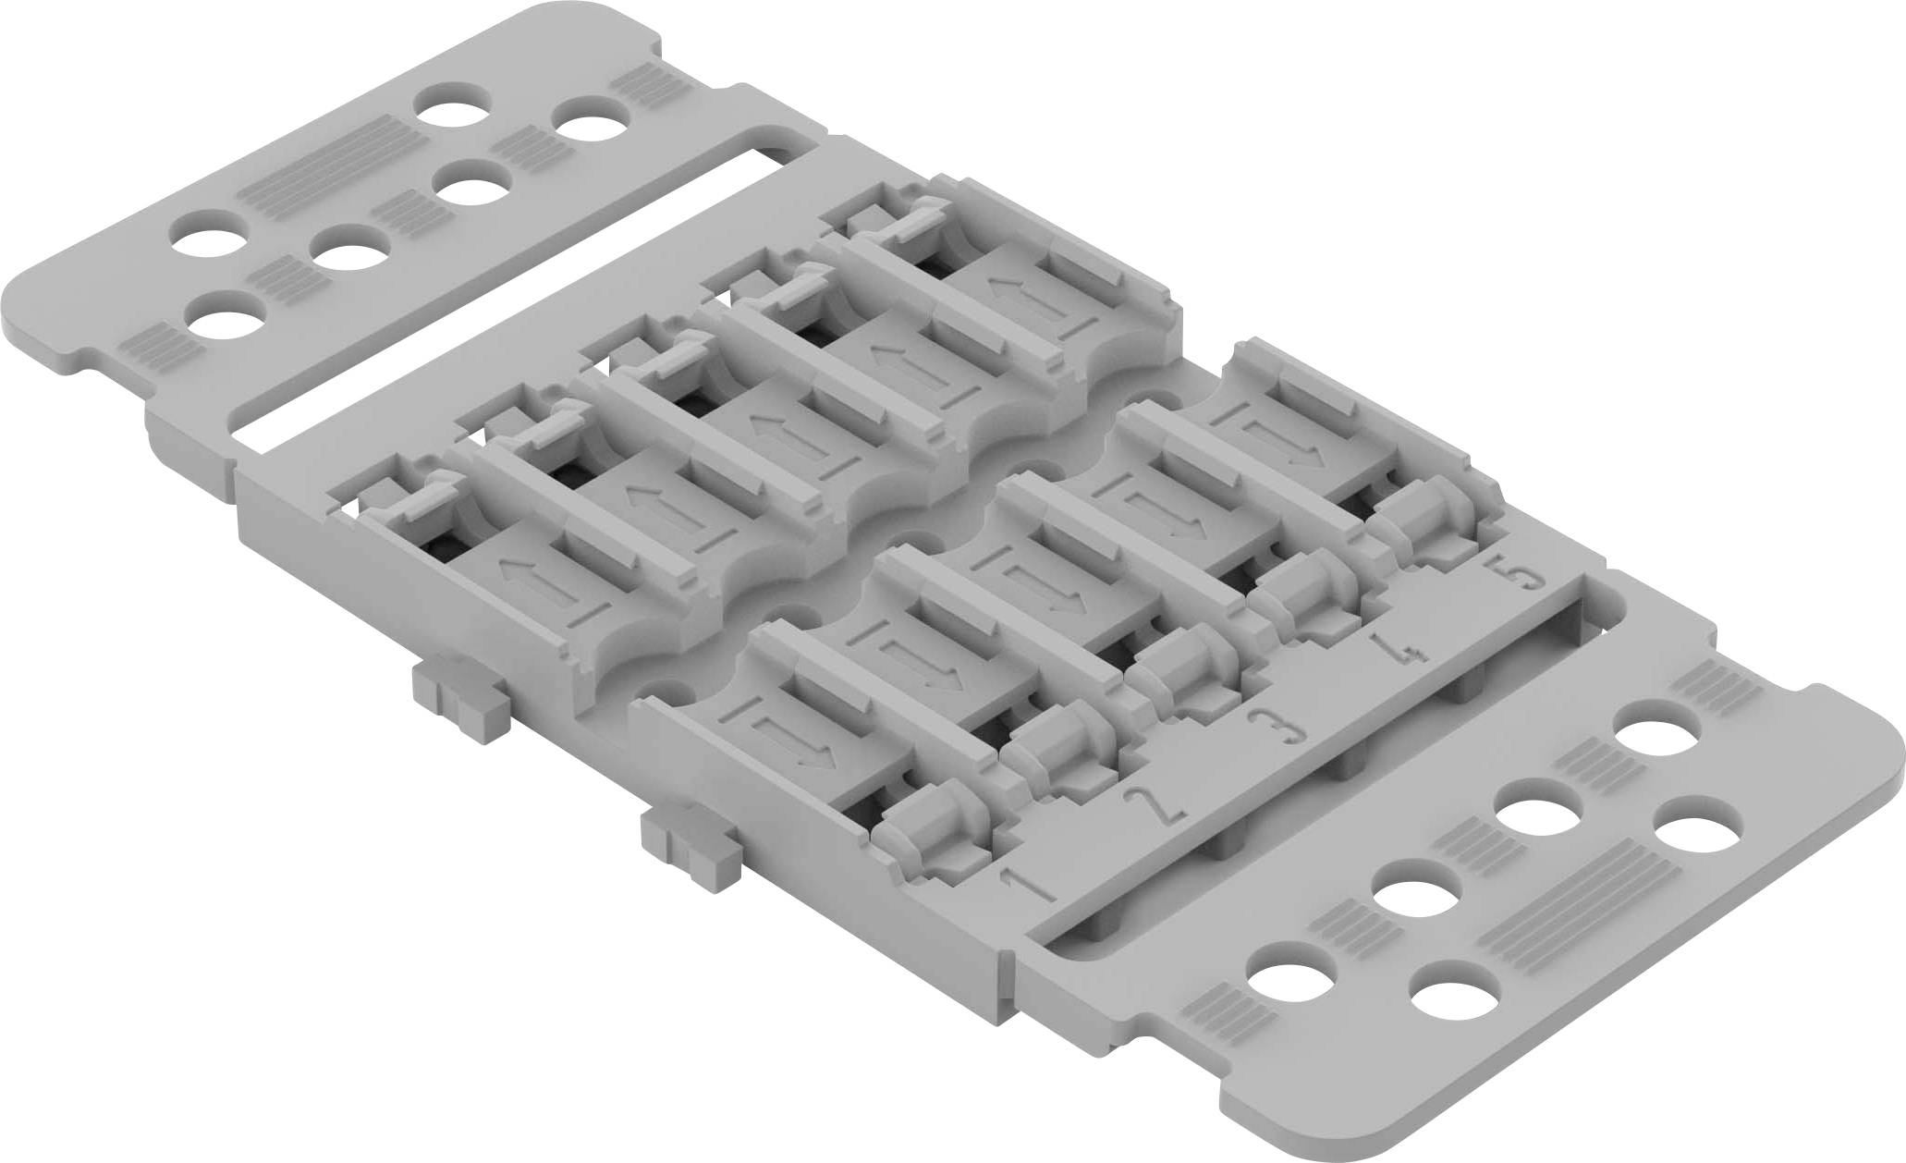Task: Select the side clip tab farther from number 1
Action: coord(458,683)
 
